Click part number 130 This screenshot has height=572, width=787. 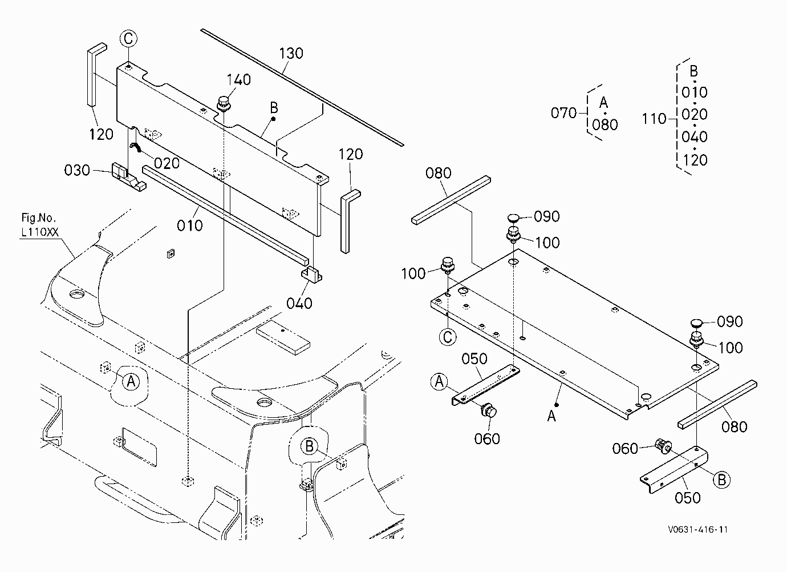point(291,54)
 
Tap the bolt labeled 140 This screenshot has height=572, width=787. point(224,103)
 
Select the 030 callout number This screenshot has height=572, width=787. point(77,170)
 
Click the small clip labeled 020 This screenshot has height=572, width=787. point(136,147)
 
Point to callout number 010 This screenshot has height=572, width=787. point(190,225)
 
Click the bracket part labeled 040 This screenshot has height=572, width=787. point(311,274)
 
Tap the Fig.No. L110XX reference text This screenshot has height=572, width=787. point(39,225)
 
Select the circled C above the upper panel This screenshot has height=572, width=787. point(128,38)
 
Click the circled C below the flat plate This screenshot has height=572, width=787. point(448,337)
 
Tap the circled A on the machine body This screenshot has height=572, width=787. point(131,381)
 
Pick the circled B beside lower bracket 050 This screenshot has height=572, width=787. point(721,480)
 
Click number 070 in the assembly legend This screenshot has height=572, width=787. point(563,113)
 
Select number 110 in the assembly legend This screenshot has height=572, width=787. point(654,119)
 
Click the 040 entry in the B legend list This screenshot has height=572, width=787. point(694,136)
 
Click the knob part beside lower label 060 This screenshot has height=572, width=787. point(663,447)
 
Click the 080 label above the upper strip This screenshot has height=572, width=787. point(438,173)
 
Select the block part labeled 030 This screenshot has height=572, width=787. point(128,177)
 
